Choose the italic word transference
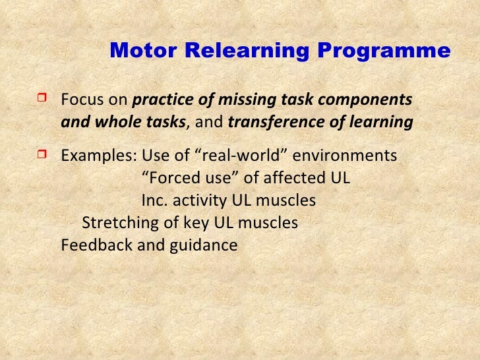277,122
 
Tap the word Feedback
93,245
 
